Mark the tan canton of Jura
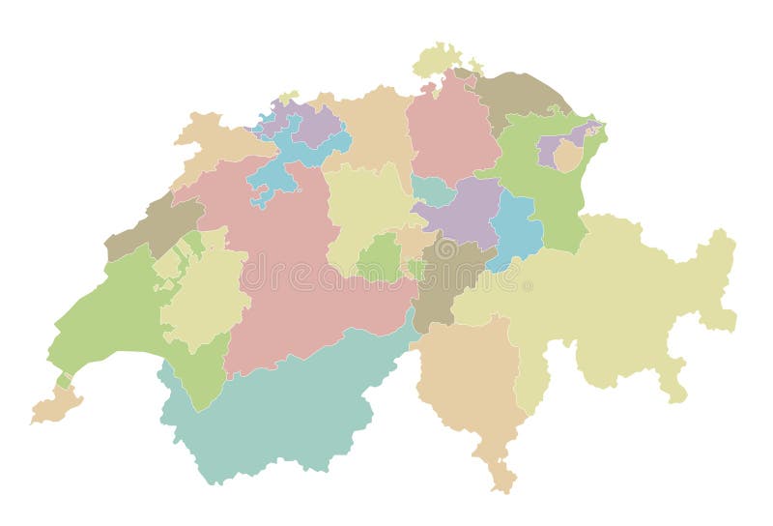(x=217, y=145)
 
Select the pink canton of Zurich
(x=449, y=131)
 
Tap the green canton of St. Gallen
(x=541, y=184)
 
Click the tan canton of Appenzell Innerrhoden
(x=567, y=156)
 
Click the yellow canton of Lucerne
(x=362, y=208)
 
